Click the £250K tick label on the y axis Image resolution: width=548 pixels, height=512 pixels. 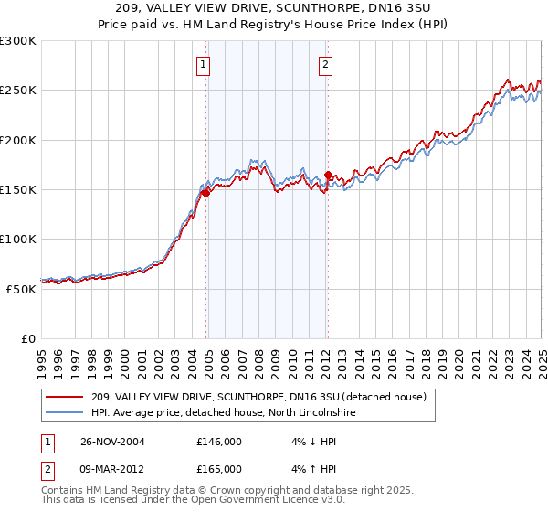click(18, 91)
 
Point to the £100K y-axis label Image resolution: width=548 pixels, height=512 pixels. click(18, 239)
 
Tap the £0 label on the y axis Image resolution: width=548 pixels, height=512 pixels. click(27, 338)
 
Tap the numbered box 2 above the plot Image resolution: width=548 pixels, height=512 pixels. click(325, 64)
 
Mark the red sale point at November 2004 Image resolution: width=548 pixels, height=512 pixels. click(206, 193)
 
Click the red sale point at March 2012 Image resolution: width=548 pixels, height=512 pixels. click(328, 175)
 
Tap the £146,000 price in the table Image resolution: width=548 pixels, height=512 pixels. click(219, 441)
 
